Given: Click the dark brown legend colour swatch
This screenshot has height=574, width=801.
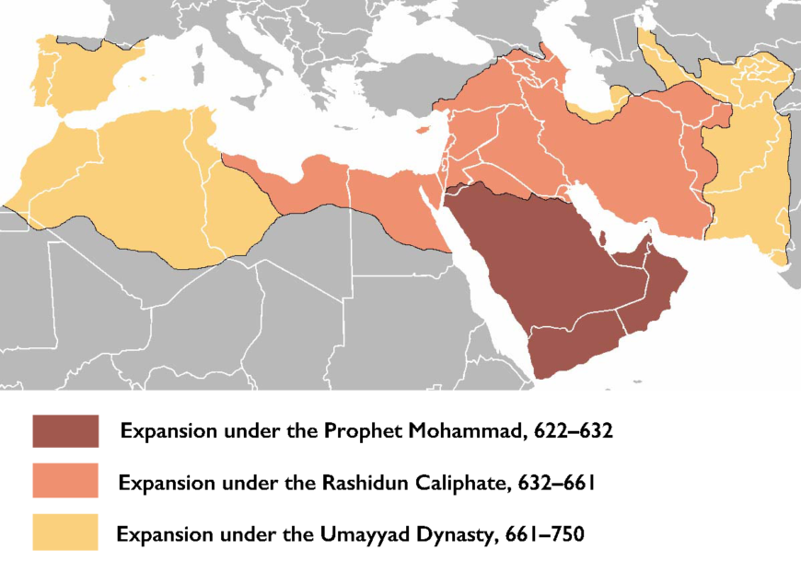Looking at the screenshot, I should pyautogui.click(x=64, y=430).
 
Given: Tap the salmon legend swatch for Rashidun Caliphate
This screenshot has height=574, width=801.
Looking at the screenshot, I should pyautogui.click(x=64, y=481).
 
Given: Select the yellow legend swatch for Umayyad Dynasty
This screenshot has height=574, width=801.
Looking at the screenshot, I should pyautogui.click(x=64, y=533).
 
